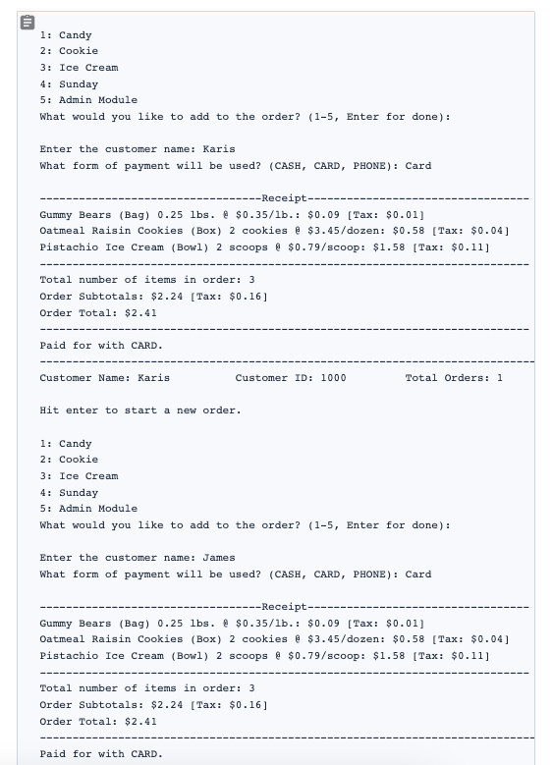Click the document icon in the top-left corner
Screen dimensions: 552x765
[28, 21]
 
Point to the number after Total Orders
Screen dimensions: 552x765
[499, 378]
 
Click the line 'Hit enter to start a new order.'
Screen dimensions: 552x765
[139, 410]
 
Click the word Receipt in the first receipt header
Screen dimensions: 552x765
[284, 198]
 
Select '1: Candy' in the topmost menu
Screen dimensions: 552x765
[65, 35]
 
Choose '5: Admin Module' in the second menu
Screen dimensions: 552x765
[88, 509]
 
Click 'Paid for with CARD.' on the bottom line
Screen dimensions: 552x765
[101, 754]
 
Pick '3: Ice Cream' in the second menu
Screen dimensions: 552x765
[79, 476]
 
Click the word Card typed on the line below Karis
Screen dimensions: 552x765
[418, 166]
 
